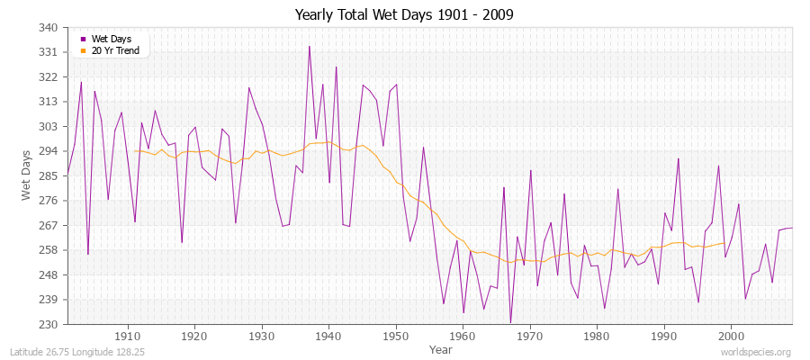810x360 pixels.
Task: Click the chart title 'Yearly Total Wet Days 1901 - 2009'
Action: (x=404, y=15)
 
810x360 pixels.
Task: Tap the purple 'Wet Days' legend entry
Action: (x=111, y=39)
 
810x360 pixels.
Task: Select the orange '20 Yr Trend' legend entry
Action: (x=114, y=50)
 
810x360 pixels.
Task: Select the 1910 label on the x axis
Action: (x=127, y=336)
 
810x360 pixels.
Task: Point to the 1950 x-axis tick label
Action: (x=395, y=336)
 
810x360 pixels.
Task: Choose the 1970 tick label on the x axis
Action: (x=529, y=336)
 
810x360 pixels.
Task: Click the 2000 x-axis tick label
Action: (x=731, y=336)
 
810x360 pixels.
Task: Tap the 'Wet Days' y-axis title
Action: (x=27, y=175)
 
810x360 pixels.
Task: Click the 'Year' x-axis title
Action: (x=441, y=348)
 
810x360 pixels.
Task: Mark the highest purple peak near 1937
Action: (x=310, y=47)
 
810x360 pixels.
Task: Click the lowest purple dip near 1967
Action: (x=510, y=322)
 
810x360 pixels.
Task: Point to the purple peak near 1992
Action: (x=679, y=158)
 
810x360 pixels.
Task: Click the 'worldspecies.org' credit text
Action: (x=757, y=352)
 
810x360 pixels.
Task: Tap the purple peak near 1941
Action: (x=337, y=67)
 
